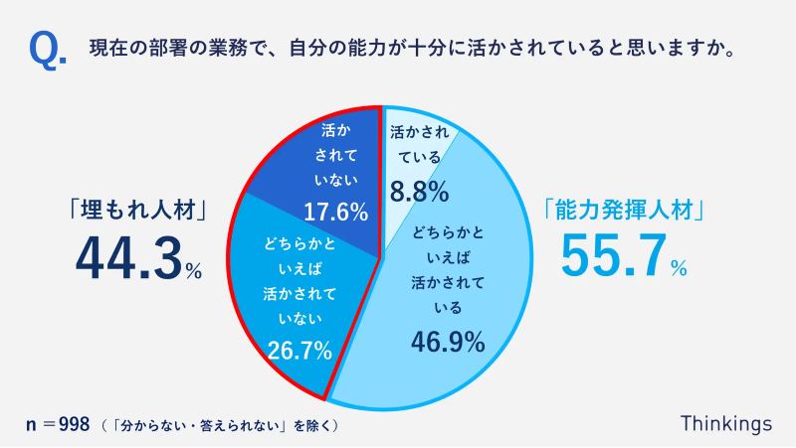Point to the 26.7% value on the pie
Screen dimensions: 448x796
click(298, 349)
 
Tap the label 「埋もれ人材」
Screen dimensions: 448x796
click(137, 211)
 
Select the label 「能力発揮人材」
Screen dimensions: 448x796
click(625, 211)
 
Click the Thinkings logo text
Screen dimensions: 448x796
click(726, 423)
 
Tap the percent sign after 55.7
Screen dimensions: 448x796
click(678, 267)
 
